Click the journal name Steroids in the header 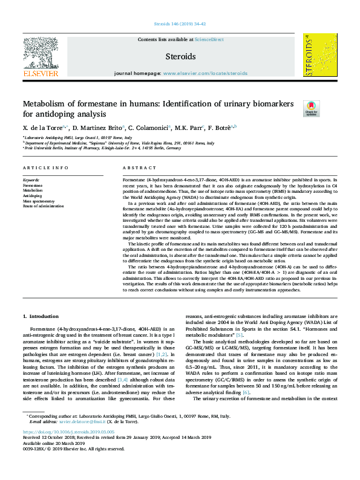(x=180, y=56)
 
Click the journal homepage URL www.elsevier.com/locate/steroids (x=205, y=73)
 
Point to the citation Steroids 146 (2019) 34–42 (x=180, y=24)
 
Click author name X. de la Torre (x=43, y=128)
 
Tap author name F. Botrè (x=220, y=128)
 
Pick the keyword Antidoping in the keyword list (x=33, y=196)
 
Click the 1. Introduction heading (x=41, y=316)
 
